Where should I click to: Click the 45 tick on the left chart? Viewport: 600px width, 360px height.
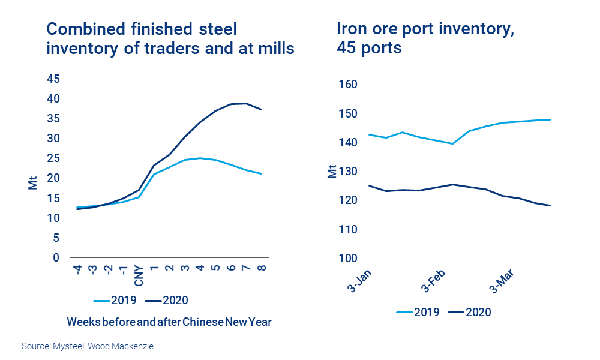[x=53, y=79]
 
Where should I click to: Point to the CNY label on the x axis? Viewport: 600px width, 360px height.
[x=138, y=276]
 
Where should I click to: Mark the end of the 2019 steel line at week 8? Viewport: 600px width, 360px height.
[x=262, y=174]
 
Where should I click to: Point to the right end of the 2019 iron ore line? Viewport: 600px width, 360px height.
[x=551, y=119]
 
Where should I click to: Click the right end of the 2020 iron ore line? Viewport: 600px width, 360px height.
[x=551, y=206]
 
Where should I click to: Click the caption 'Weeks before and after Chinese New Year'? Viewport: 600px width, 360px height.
[x=169, y=322]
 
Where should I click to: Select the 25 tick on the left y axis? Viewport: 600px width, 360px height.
[x=53, y=158]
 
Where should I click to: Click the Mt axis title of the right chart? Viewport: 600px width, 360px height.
[x=332, y=172]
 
